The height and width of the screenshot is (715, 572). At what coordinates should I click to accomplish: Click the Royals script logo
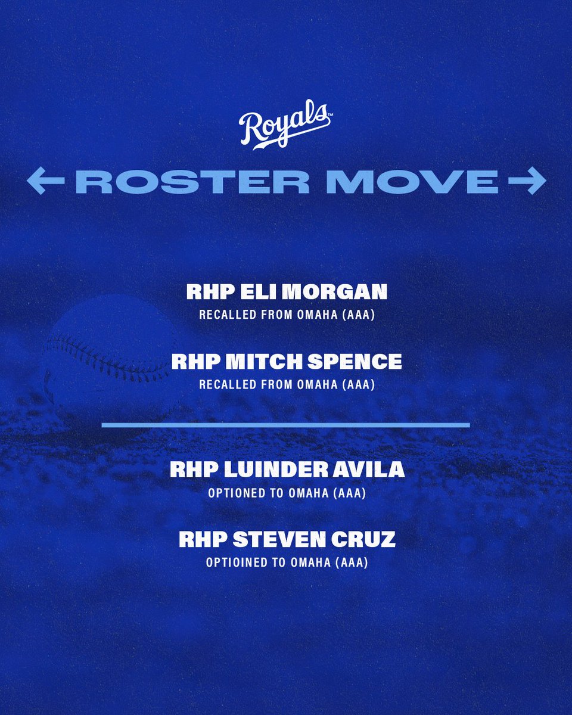[285, 127]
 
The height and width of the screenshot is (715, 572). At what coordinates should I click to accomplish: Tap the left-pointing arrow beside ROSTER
[47, 182]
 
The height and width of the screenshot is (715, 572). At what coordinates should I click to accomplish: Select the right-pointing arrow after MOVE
[524, 182]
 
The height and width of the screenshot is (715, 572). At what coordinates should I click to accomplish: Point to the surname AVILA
[374, 470]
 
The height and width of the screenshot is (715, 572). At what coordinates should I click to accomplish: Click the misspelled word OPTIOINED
[234, 562]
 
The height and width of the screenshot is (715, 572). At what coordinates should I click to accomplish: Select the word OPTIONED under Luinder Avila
[235, 493]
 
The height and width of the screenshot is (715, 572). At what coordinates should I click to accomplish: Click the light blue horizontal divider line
[285, 425]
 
